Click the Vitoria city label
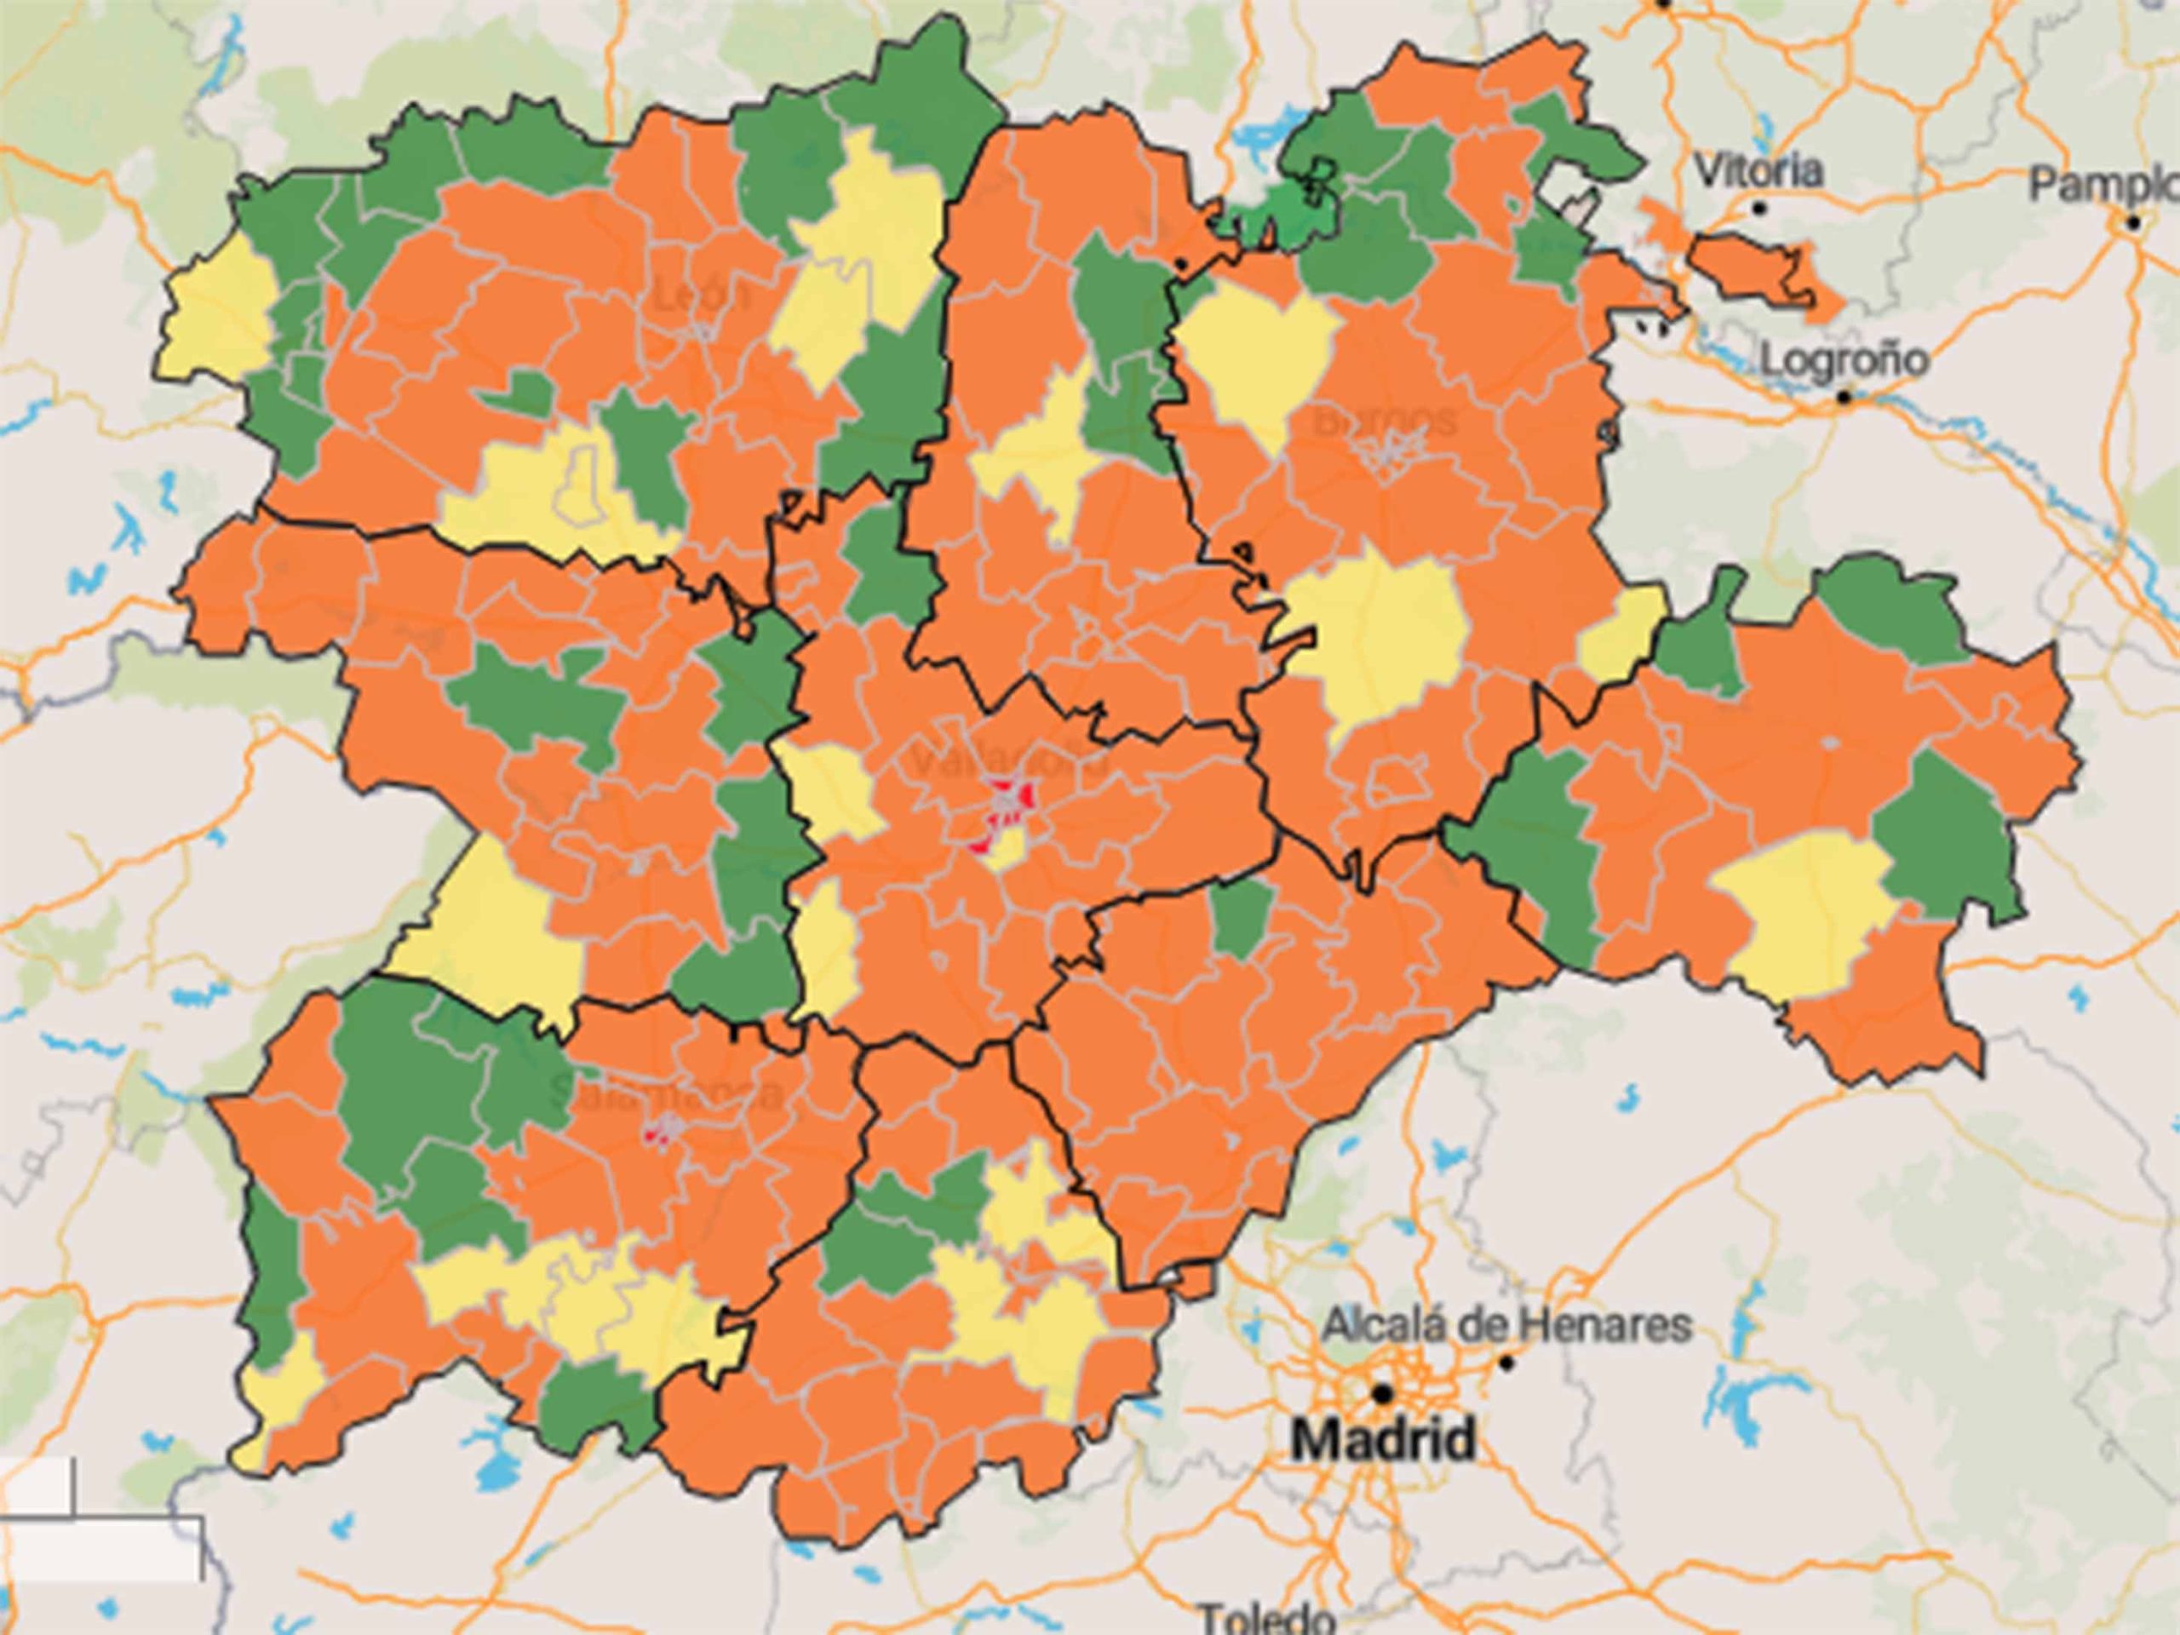[1758, 171]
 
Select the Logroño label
[1843, 359]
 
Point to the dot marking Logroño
[1845, 399]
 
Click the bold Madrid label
[1384, 1441]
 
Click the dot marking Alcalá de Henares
[1506, 1363]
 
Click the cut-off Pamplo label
[2104, 184]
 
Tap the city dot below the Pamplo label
[2134, 223]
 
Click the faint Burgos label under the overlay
[1385, 422]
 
